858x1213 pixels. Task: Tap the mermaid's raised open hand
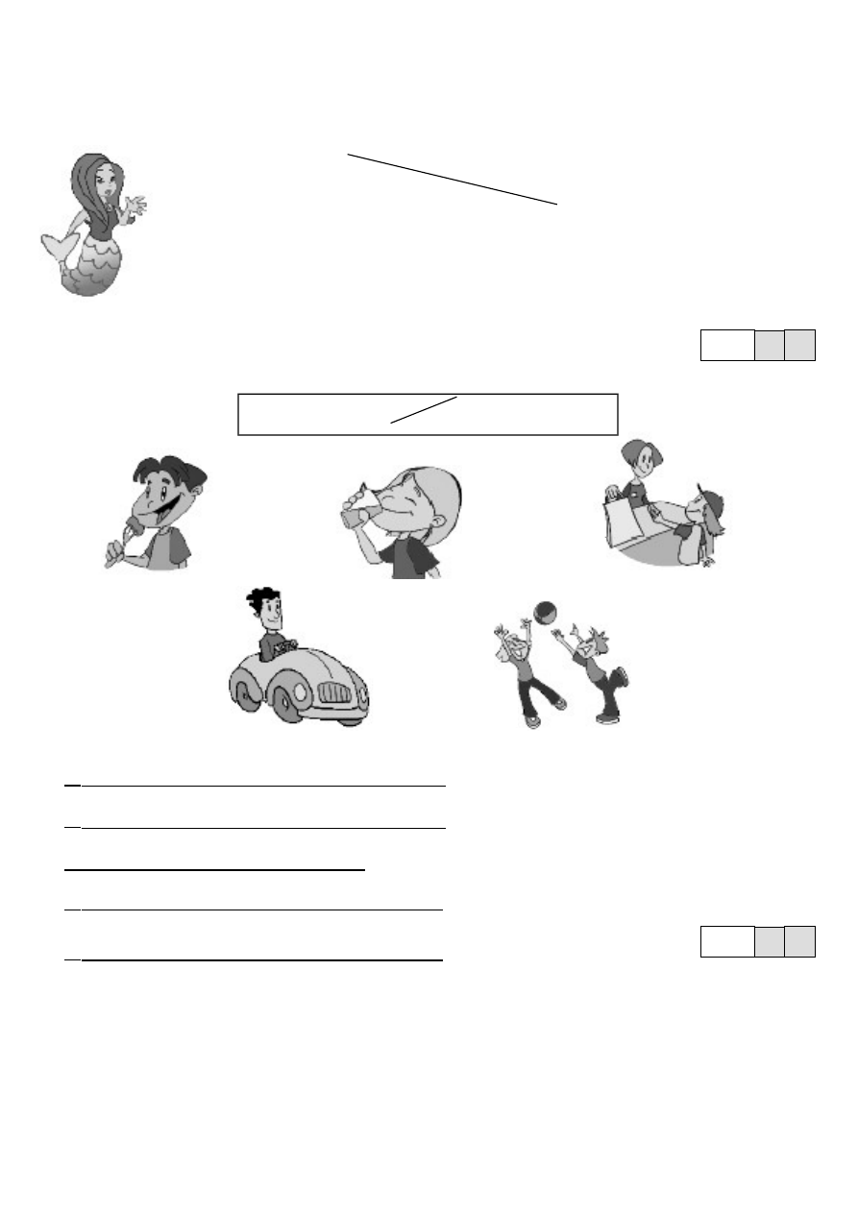tap(135, 206)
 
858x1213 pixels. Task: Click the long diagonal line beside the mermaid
tap(452, 179)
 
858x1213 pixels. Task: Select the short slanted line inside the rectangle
tap(424, 409)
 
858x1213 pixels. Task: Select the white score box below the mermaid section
tap(727, 345)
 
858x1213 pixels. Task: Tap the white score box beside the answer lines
tap(727, 941)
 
